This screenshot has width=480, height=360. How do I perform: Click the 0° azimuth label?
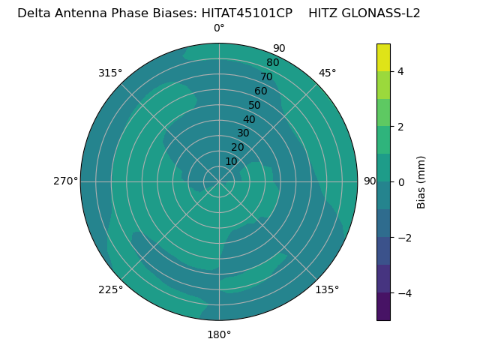219,28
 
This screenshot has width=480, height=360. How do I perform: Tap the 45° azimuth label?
328,73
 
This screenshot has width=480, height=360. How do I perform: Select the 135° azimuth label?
327,289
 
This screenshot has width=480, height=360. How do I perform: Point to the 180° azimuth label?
219,334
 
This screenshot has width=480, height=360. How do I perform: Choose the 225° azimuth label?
110,289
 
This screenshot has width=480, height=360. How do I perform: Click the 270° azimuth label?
65,181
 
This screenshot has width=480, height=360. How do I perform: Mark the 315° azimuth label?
110,73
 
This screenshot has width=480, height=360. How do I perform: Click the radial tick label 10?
231,161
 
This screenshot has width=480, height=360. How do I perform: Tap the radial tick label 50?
255,105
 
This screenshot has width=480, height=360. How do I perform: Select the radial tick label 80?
272,62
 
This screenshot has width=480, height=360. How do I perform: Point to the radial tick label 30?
243,133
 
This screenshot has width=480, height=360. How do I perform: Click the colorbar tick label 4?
401,71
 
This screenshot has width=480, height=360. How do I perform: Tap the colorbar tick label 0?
401,181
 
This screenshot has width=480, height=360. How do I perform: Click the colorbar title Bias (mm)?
421,181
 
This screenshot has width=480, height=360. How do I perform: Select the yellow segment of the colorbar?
383,58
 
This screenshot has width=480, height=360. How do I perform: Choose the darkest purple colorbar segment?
383,306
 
